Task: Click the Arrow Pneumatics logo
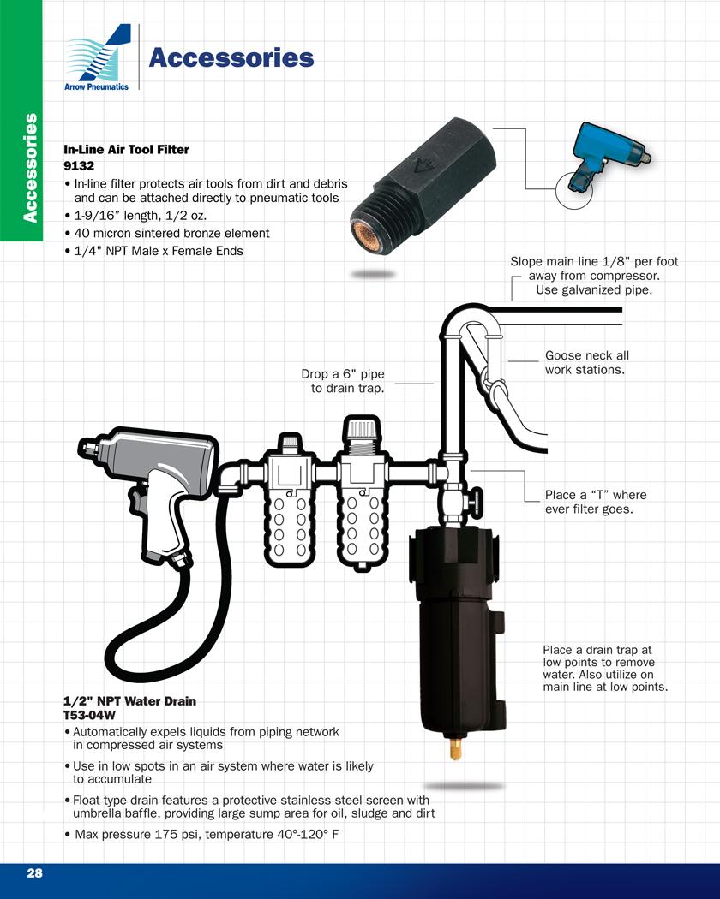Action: pos(98,57)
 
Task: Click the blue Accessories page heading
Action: pos(231,58)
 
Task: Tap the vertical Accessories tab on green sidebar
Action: pos(30,168)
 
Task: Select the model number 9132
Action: pos(79,166)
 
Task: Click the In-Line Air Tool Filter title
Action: pos(126,150)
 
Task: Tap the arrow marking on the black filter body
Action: pos(425,166)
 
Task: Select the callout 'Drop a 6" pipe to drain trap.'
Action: pos(344,381)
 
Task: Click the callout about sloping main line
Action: pos(594,276)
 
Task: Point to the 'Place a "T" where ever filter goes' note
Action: pos(596,503)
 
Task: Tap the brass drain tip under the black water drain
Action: pos(455,749)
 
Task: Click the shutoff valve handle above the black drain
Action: pos(476,501)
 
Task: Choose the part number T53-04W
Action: pos(89,715)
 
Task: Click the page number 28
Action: pos(34,872)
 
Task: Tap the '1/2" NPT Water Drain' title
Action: pos(129,701)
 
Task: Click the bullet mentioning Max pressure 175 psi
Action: pos(201,834)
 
